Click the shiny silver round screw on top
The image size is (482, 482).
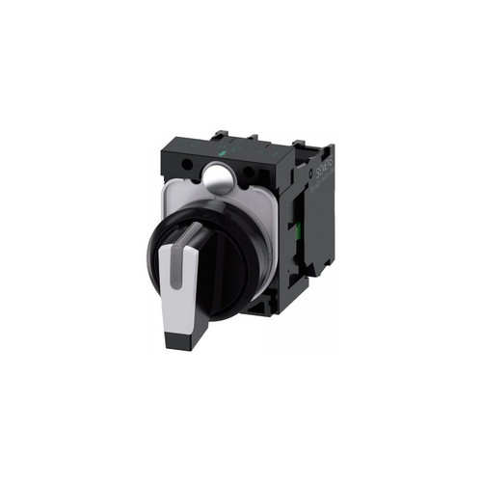[216, 175]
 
